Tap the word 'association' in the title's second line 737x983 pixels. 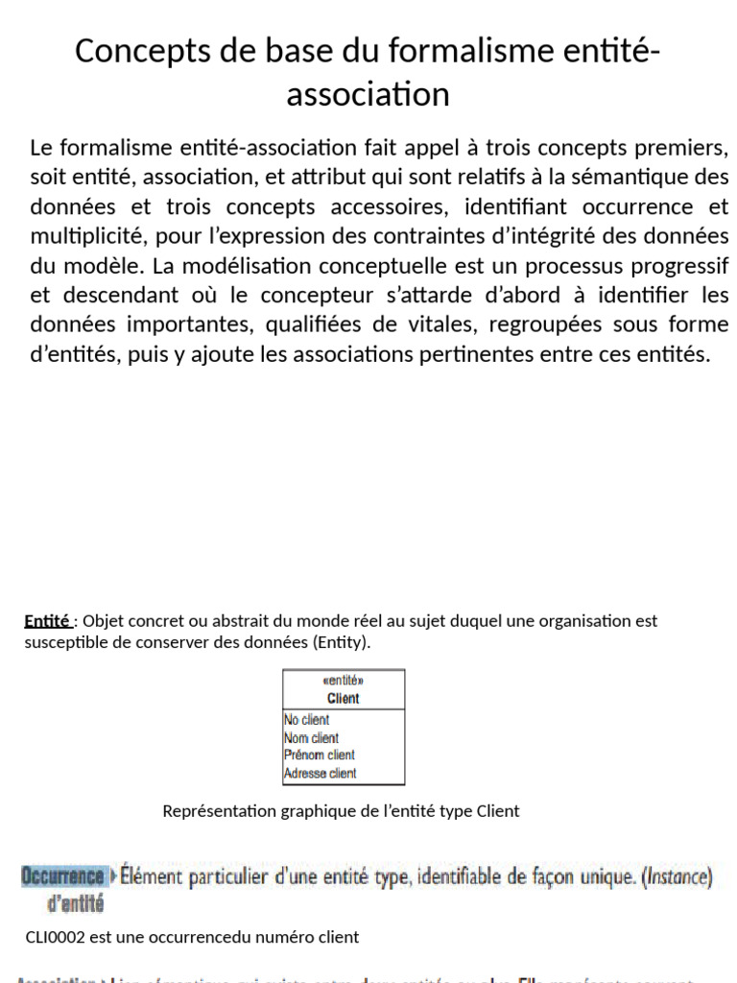click(368, 94)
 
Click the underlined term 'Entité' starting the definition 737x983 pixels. click(47, 621)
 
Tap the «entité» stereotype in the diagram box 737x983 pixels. click(343, 681)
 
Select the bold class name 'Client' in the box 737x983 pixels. click(343, 698)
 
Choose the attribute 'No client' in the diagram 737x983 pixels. click(307, 720)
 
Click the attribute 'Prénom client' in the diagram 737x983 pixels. click(320, 755)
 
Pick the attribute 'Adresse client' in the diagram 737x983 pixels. click(321, 773)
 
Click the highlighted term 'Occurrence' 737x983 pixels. click(63, 876)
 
